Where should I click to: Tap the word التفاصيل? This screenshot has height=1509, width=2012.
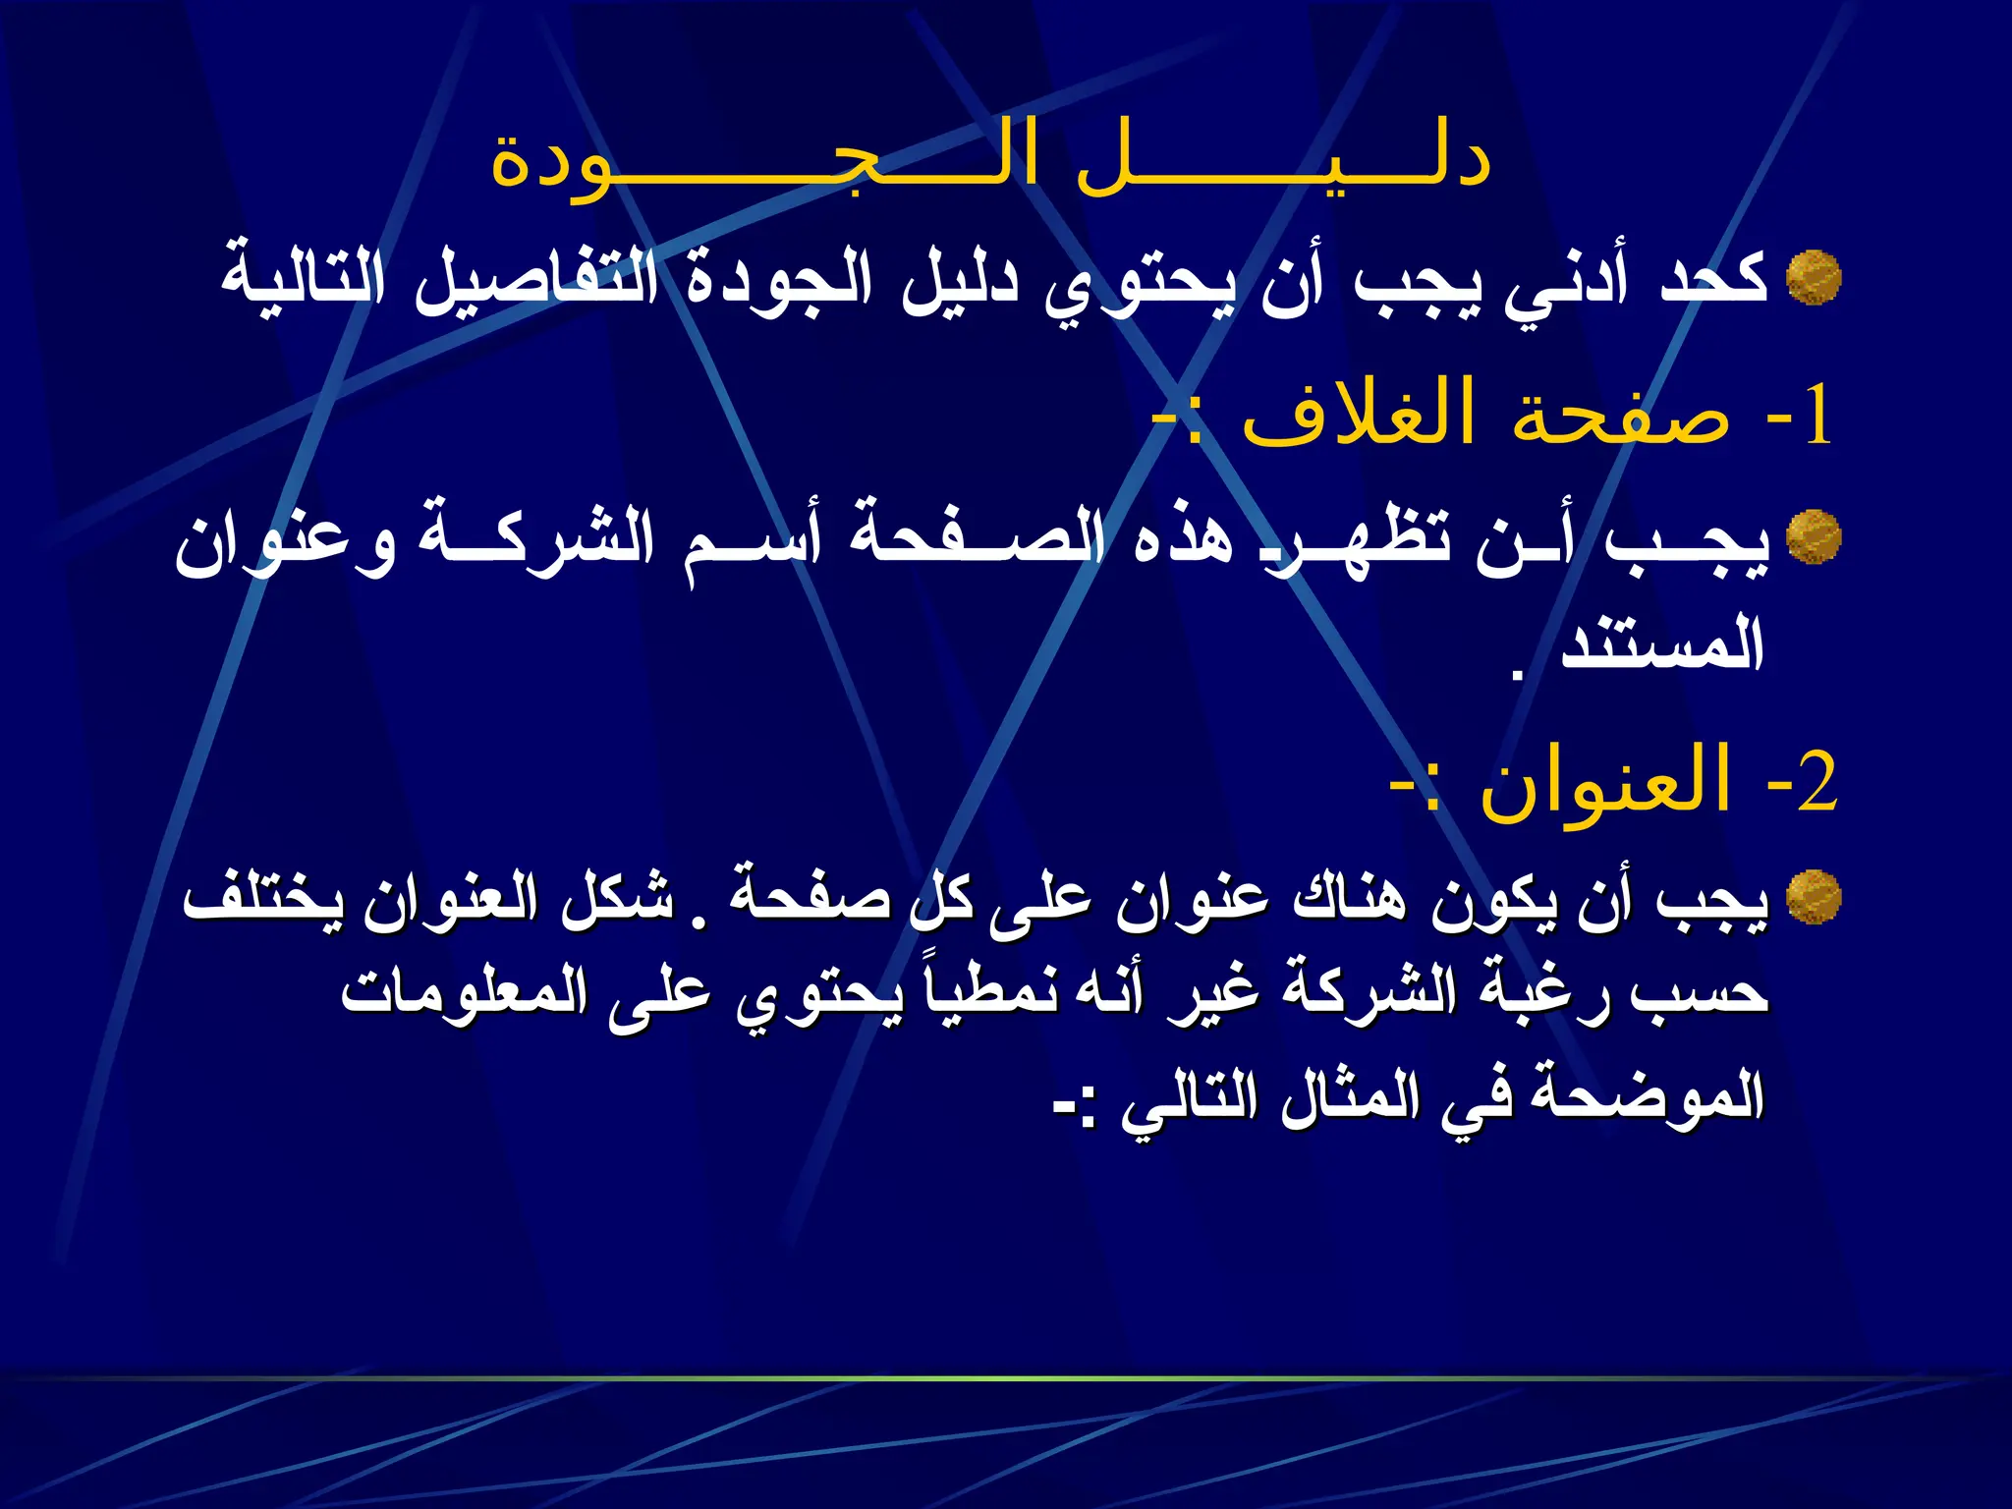[x=536, y=279]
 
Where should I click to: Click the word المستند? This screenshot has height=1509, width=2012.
[x=1662, y=644]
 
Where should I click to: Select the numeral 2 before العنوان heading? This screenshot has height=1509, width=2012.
[x=1817, y=784]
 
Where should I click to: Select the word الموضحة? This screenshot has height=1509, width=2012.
[x=1652, y=1096]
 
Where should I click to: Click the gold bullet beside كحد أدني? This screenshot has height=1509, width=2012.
[x=1814, y=278]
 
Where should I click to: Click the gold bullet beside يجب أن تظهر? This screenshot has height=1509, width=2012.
[x=1814, y=537]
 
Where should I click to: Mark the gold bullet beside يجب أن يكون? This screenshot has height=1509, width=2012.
[x=1814, y=897]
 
